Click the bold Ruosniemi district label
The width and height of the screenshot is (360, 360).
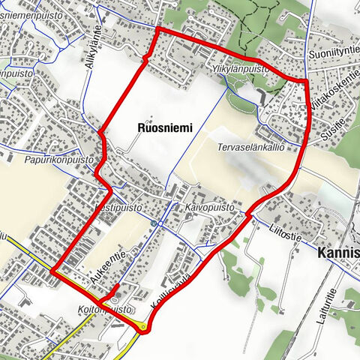165,128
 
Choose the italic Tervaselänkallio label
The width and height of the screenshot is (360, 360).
250,148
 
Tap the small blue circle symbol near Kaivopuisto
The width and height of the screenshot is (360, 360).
154,223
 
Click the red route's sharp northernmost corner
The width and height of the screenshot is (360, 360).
156,29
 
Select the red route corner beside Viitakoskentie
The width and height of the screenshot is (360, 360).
307,79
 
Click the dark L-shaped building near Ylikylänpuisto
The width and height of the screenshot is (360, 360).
260,97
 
